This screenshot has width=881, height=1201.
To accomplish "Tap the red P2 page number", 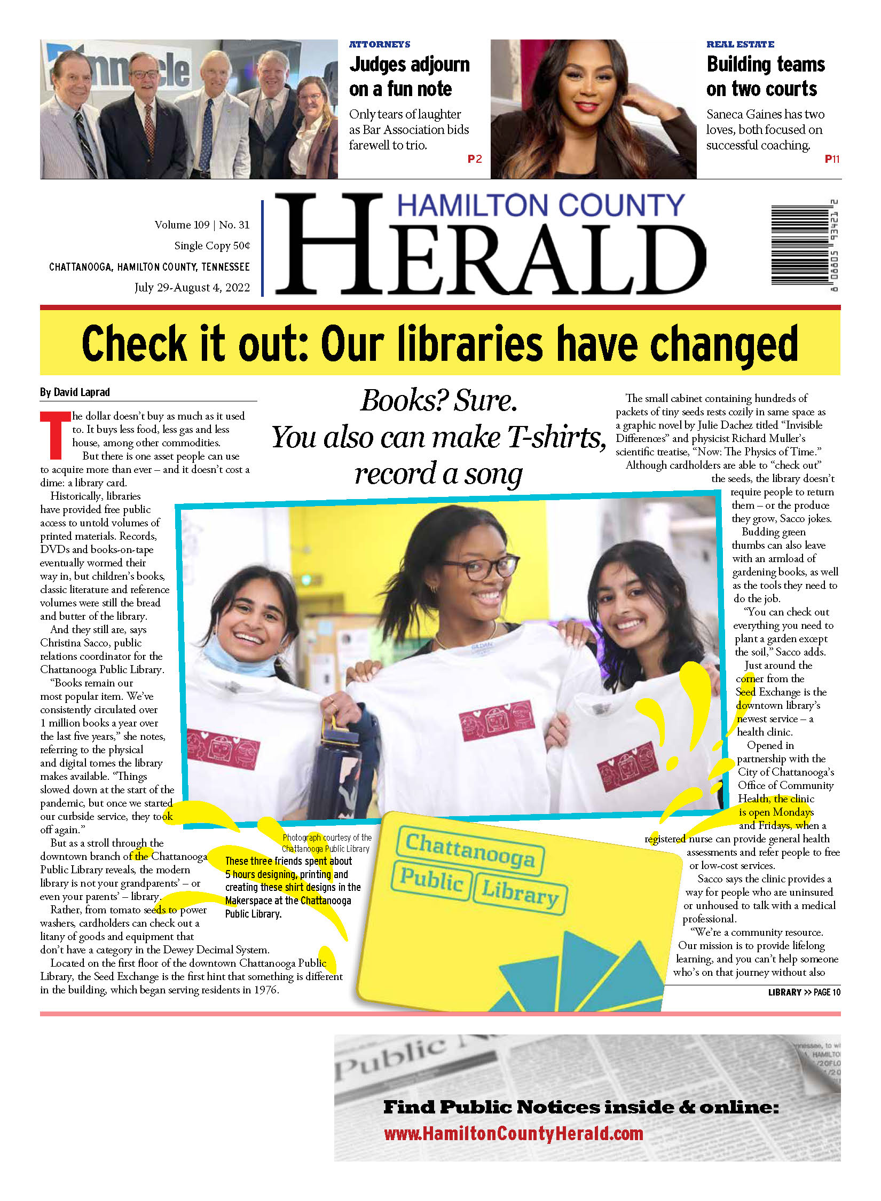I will (474, 159).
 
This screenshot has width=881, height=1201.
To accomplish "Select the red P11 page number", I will (831, 159).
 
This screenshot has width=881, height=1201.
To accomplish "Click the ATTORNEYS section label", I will (380, 44).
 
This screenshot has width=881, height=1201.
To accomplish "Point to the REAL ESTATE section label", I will (740, 44).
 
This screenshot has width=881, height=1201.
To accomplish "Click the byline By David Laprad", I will (75, 392).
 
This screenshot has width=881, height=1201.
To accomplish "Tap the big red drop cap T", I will (55, 435).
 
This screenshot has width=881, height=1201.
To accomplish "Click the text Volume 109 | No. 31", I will (202, 225).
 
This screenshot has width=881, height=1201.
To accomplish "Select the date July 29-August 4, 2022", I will (192, 288).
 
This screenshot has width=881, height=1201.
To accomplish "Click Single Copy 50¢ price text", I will (211, 246).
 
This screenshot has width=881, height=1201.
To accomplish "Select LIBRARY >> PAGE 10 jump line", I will (804, 992).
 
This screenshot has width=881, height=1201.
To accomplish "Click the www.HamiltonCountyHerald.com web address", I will (513, 1134).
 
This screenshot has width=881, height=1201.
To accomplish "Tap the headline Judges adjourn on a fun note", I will (409, 76).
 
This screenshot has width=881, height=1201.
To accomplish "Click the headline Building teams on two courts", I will (765, 76).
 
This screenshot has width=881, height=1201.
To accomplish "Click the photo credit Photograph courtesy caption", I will (326, 843).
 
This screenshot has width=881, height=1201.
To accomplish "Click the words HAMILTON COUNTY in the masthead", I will (540, 206).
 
